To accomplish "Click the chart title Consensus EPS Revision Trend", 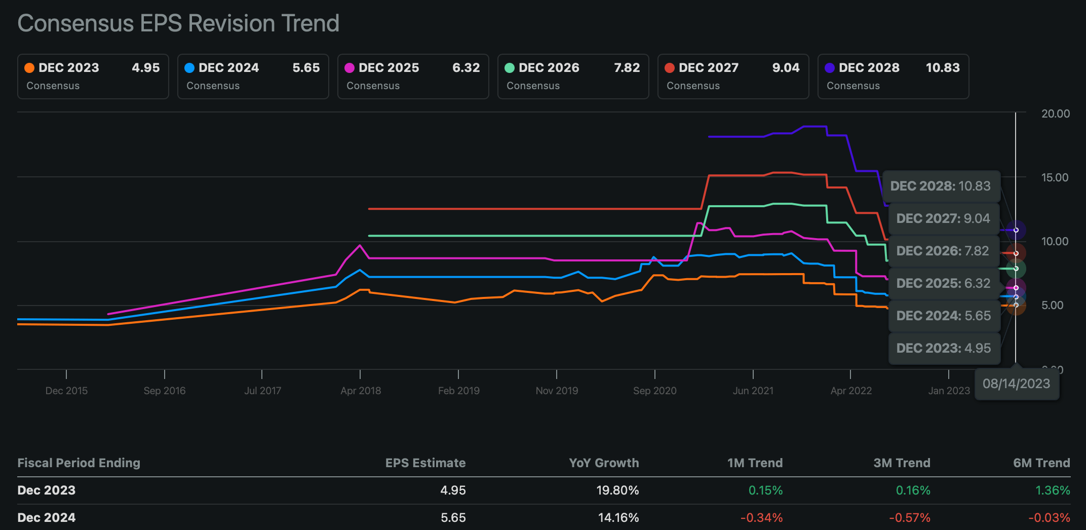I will coord(178,23).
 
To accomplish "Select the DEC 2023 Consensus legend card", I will coord(93,77).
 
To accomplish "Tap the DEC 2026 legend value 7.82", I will coord(627,68).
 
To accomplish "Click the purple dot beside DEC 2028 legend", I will coord(830,68).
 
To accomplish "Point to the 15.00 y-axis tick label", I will coord(1055,177).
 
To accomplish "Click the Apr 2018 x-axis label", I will coord(361,391).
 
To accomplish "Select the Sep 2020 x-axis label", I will coord(654,391).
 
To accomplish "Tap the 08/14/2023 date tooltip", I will coord(1016,384).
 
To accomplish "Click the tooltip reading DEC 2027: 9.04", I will coord(943,218).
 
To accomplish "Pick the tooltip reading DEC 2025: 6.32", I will coord(943,283).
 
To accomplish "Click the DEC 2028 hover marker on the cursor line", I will coord(1016,230).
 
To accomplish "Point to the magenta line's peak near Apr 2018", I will coord(360,245).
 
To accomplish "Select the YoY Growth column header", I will coord(604,463).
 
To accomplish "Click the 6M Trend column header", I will coord(1041,463).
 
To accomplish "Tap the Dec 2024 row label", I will coord(47,517).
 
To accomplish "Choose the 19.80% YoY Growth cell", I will coord(617,490).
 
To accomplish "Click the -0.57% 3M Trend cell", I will coord(910,517).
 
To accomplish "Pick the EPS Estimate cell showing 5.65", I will coord(453,517).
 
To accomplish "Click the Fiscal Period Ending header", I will coord(79,463).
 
